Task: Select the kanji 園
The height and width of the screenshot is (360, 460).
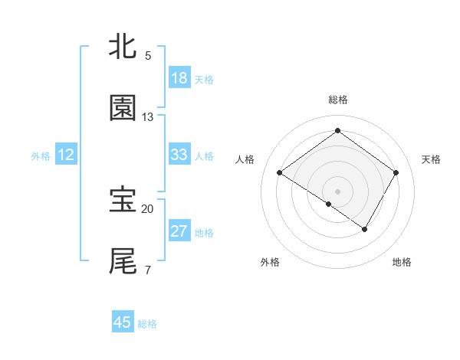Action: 123,109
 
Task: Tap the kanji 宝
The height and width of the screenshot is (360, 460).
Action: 123,200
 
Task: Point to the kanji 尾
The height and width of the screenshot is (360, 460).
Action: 123,261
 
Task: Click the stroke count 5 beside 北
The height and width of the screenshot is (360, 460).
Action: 148,56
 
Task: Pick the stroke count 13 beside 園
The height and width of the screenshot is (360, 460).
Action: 148,117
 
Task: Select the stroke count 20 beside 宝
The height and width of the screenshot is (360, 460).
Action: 148,208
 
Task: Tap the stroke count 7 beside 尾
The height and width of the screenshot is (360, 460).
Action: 148,270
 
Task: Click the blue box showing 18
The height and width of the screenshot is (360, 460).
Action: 179,78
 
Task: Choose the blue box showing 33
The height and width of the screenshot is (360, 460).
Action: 179,155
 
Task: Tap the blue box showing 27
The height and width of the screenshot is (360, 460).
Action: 179,231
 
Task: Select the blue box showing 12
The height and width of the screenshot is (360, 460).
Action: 66,155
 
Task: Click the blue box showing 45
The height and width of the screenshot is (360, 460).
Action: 123,322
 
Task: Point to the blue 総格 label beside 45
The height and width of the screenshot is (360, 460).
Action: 147,324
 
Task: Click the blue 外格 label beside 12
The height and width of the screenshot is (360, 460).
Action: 41,156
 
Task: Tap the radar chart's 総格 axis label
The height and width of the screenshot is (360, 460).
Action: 337,100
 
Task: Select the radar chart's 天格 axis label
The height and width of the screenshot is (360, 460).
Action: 431,159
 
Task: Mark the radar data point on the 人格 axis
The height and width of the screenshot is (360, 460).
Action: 280,173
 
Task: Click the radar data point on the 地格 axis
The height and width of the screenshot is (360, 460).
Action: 365,229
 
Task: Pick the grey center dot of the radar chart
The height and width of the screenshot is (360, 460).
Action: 337,191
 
